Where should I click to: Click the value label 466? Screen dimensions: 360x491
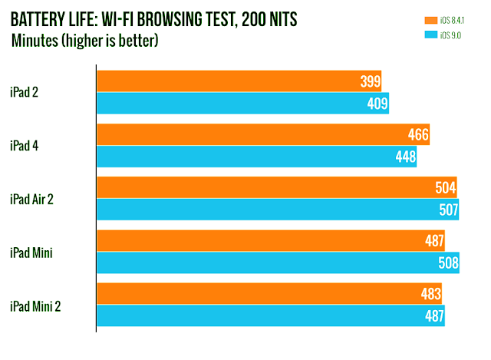(x=418, y=135)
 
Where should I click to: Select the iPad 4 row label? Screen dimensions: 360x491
(x=25, y=146)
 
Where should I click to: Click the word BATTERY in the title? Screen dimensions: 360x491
(x=38, y=18)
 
